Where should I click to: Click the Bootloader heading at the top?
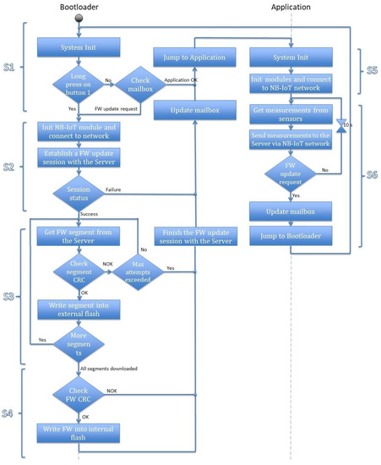pyautogui.click(x=83, y=8)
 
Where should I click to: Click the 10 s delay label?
pyautogui.click(x=346, y=125)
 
